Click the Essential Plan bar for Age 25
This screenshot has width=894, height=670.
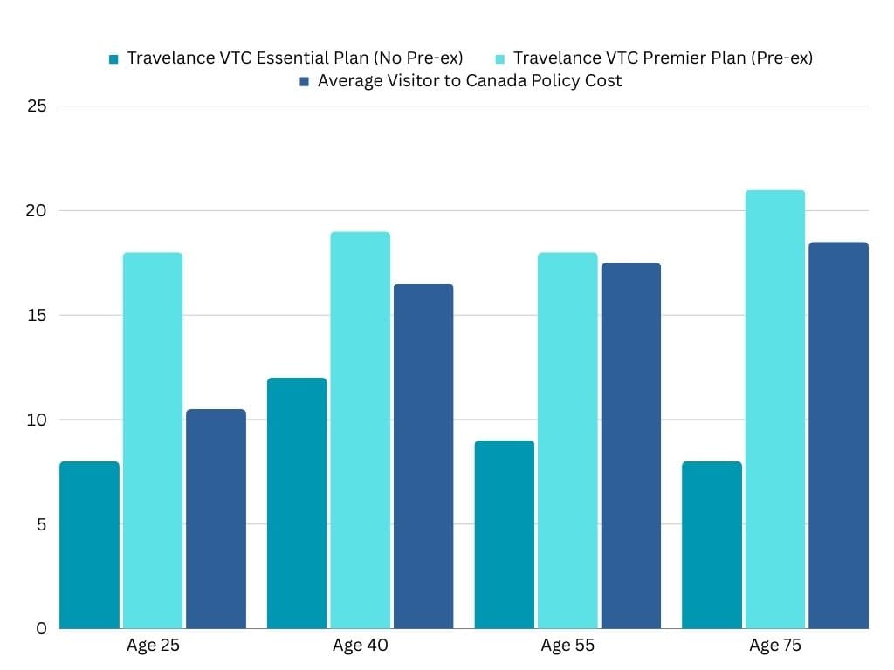(89, 545)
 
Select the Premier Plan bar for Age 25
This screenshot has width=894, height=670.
(153, 441)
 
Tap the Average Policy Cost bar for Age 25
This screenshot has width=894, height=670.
(216, 519)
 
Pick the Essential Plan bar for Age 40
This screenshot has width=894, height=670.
(297, 503)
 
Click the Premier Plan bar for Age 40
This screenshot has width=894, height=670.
(360, 430)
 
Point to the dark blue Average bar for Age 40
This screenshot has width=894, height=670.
(423, 456)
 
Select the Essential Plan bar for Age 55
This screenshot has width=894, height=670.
(504, 535)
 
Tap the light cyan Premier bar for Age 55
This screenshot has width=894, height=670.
(567, 441)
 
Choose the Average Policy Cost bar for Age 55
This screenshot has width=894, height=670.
(630, 446)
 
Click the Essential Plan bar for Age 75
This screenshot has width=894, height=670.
(712, 545)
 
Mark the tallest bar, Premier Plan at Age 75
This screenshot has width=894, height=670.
(775, 409)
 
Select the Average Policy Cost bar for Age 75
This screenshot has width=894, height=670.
(838, 435)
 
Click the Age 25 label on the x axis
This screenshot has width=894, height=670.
(153, 646)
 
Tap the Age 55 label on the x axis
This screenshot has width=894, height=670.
(567, 646)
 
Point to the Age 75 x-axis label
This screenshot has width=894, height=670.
(775, 646)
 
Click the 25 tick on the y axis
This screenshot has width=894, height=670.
(36, 106)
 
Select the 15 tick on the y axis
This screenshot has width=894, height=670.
(36, 316)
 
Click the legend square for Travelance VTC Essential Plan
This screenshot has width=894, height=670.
(113, 58)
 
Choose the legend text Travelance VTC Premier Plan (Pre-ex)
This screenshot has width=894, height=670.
(663, 58)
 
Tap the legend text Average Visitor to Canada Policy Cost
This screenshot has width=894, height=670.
(469, 81)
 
